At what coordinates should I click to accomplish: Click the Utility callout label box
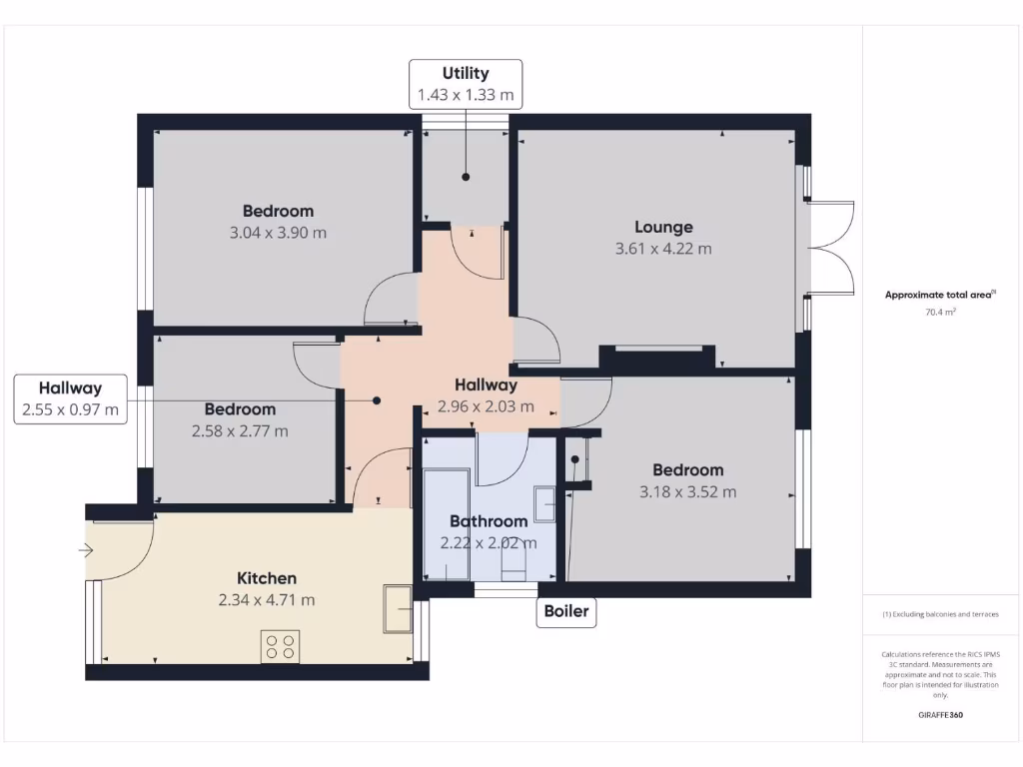466,84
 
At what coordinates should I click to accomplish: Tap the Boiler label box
566,612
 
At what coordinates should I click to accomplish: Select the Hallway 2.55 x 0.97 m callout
70,398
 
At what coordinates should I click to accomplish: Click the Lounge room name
663,227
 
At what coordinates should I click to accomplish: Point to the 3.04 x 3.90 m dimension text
278,233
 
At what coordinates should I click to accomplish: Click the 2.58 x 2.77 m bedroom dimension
240,431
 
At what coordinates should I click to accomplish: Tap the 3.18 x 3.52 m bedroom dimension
687,491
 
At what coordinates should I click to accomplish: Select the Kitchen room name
266,578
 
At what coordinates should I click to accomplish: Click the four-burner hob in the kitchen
281,647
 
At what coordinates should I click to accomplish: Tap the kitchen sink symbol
397,608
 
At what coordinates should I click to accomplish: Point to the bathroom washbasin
545,503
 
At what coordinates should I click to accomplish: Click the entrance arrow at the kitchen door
86,549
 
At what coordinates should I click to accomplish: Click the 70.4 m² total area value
940,312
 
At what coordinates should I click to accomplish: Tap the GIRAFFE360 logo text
940,715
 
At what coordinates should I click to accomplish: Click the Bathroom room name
488,521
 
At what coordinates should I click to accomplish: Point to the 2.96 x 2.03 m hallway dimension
486,406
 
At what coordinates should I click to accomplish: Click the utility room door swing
478,252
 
